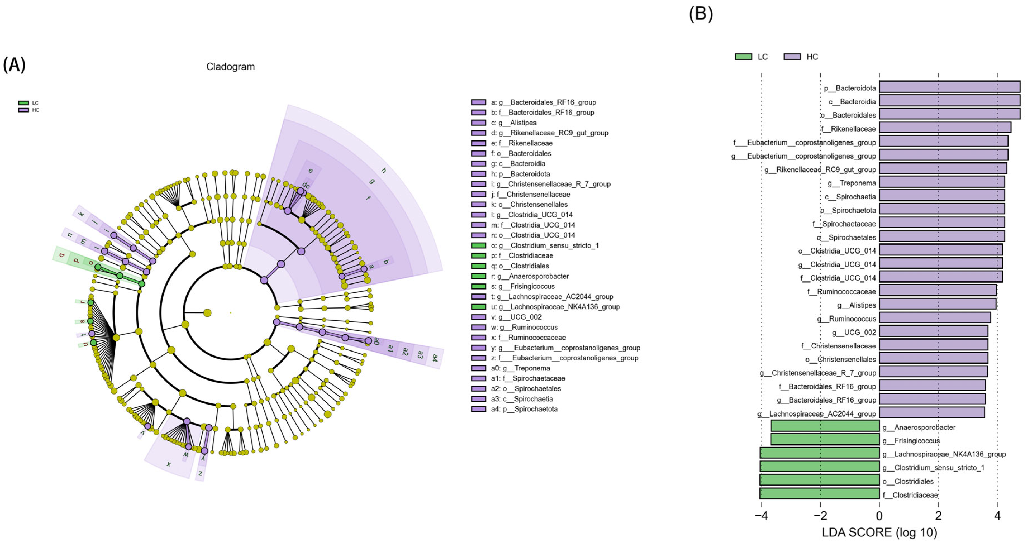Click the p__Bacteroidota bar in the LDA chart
pyautogui.click(x=949, y=87)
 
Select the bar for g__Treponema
pyautogui.click(x=941, y=182)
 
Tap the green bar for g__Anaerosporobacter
pyautogui.click(x=825, y=426)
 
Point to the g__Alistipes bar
pyautogui.click(x=938, y=304)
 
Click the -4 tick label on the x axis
pyautogui.click(x=761, y=516)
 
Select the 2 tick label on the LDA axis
pyautogui.click(x=938, y=516)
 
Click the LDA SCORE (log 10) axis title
pyautogui.click(x=879, y=532)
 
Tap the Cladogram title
pyautogui.click(x=230, y=66)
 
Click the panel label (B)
pyautogui.click(x=701, y=14)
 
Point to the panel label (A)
pyautogui.click(x=14, y=64)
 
